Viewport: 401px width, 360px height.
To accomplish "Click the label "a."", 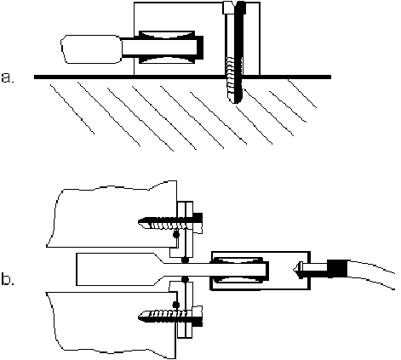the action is click(8, 77).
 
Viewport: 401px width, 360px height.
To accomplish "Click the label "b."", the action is click(8, 279).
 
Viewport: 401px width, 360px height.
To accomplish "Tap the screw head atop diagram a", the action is click(234, 8).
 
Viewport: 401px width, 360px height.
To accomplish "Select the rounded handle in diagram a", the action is click(91, 49).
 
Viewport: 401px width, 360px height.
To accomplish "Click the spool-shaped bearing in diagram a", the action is click(167, 47).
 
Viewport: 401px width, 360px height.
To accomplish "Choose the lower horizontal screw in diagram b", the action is click(170, 316).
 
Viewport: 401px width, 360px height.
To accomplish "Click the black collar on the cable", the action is click(337, 269).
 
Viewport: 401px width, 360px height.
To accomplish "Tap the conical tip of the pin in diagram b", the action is click(296, 269).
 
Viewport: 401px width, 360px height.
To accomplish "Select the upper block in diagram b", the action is click(113, 216).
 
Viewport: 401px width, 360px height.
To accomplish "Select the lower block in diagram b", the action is click(113, 323).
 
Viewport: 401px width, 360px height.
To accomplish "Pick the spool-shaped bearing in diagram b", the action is click(239, 270).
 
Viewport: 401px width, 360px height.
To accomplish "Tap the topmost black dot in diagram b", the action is click(176, 235).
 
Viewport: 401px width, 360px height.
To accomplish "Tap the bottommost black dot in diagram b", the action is click(176, 305).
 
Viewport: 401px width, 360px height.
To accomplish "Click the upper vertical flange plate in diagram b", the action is click(185, 229).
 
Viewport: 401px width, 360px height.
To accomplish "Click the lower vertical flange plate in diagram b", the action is click(185, 310).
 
